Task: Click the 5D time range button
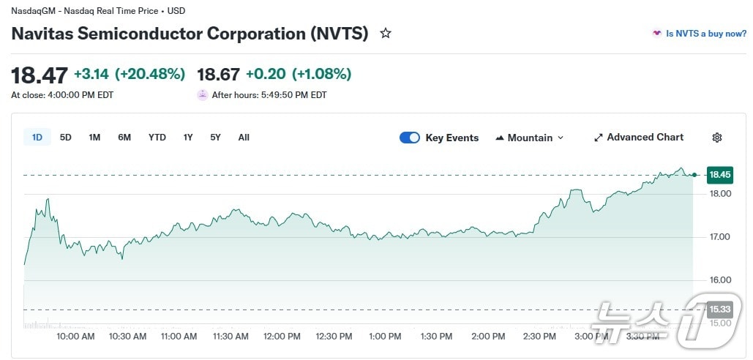pyautogui.click(x=66, y=138)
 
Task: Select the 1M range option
pyautogui.click(x=94, y=138)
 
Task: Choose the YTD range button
pyautogui.click(x=157, y=138)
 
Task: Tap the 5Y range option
pyautogui.click(x=215, y=138)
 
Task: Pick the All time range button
pyautogui.click(x=244, y=138)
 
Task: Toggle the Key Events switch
pyautogui.click(x=410, y=138)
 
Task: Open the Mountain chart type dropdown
pyautogui.click(x=530, y=138)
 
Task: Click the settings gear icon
pyautogui.click(x=717, y=138)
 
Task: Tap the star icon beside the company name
pyautogui.click(x=386, y=34)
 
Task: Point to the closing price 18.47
pyautogui.click(x=40, y=75)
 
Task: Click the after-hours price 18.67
pyautogui.click(x=218, y=75)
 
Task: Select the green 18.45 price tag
pyautogui.click(x=719, y=175)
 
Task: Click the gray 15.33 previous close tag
pyautogui.click(x=719, y=310)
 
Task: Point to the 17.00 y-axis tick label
pyautogui.click(x=720, y=237)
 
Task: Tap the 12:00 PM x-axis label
pyautogui.click(x=282, y=337)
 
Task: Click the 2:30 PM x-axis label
pyautogui.click(x=540, y=337)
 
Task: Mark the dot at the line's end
pyautogui.click(x=694, y=175)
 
